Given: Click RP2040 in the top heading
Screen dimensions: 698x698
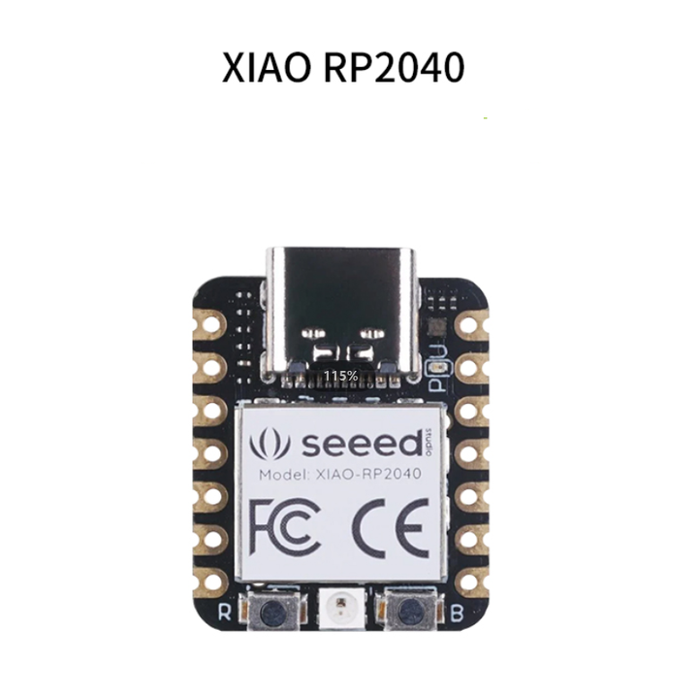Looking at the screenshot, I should tap(396, 67).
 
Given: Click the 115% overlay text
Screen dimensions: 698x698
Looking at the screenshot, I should tap(341, 375).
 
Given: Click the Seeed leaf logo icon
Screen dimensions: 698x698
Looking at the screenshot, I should tap(269, 444).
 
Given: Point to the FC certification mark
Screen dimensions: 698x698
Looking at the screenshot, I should tap(282, 525).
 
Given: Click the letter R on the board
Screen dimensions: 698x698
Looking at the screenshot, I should tap(224, 613).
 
